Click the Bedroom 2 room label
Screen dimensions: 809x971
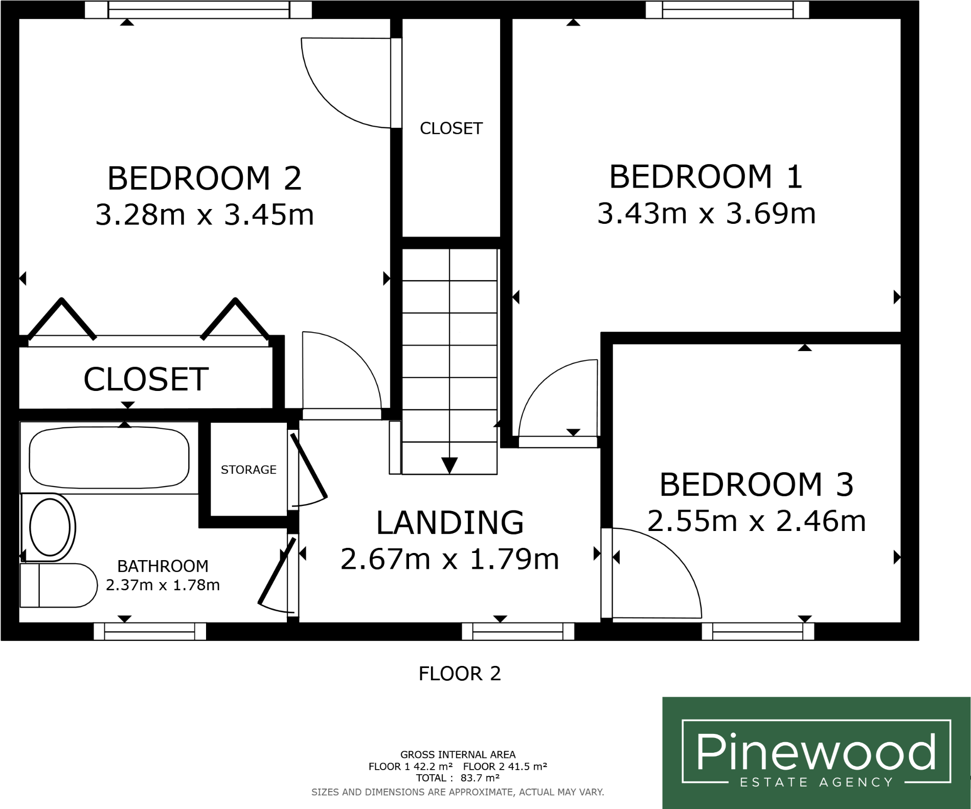pyautogui.click(x=205, y=178)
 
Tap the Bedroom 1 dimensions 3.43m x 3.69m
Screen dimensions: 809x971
pyautogui.click(x=706, y=214)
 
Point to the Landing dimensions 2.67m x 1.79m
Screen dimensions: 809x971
pyautogui.click(x=449, y=559)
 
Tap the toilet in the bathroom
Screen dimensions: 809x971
pyautogui.click(x=59, y=585)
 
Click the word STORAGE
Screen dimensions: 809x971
pyautogui.click(x=249, y=470)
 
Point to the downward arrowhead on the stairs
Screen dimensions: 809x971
pyautogui.click(x=449, y=466)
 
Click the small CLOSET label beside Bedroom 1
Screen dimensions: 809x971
pyautogui.click(x=451, y=128)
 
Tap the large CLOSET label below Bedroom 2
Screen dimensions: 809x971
pyautogui.click(x=146, y=379)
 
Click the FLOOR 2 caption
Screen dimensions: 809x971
pyautogui.click(x=460, y=674)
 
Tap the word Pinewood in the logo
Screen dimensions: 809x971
pyautogui.click(x=817, y=752)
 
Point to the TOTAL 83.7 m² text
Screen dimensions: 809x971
pyautogui.click(x=458, y=778)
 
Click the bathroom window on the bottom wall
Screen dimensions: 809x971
pyautogui.click(x=150, y=632)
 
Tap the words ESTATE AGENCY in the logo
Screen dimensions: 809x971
pyautogui.click(x=817, y=782)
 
